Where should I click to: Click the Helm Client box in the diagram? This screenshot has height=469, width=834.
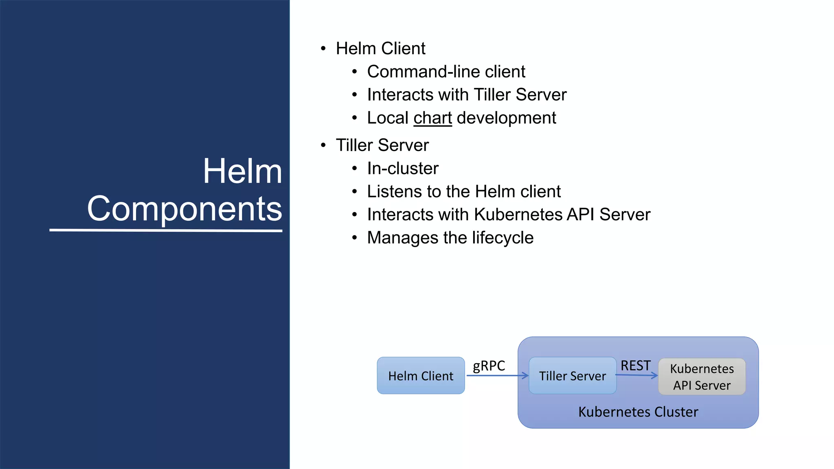(x=421, y=375)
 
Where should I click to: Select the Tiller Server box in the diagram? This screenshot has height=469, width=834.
(x=572, y=375)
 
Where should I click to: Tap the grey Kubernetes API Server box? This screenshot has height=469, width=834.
(x=702, y=377)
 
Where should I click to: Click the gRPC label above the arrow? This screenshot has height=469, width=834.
(x=489, y=366)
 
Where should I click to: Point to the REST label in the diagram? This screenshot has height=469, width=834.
(x=635, y=365)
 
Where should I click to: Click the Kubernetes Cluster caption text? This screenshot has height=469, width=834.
(x=638, y=412)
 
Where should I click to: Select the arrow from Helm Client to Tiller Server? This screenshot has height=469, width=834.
(x=497, y=375)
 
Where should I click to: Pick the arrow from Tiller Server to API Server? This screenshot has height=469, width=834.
(x=636, y=375)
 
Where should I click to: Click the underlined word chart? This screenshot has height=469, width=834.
(x=432, y=118)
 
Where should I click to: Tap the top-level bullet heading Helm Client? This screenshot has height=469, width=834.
(x=380, y=48)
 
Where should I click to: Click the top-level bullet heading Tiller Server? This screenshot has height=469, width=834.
(x=382, y=145)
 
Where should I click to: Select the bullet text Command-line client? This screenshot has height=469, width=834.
(x=446, y=72)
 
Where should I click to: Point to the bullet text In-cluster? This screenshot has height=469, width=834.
(x=403, y=169)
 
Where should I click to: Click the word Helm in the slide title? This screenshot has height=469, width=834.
(x=242, y=171)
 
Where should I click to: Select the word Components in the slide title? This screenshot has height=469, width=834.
(x=184, y=208)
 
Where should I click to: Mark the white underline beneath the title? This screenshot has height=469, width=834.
(x=166, y=230)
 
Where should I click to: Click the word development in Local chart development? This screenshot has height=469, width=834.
(x=506, y=118)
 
